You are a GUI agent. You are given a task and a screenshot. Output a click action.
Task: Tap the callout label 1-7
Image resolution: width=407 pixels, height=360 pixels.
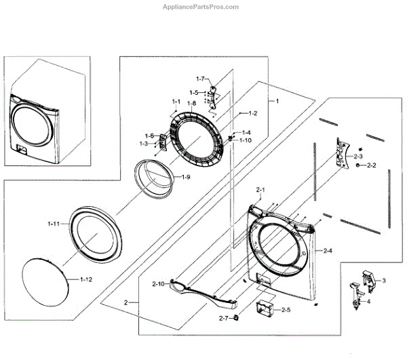click(201, 79)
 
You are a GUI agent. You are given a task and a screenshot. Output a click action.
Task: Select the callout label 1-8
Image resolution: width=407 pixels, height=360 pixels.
click(192, 103)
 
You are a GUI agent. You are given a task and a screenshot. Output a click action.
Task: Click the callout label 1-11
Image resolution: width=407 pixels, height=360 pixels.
click(55, 222)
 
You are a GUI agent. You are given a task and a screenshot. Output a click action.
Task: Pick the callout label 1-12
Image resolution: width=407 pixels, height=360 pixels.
click(86, 279)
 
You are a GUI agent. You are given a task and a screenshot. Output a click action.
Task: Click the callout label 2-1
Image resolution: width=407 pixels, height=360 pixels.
click(260, 189)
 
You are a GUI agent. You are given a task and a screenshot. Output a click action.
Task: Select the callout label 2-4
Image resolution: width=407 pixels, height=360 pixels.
click(328, 252)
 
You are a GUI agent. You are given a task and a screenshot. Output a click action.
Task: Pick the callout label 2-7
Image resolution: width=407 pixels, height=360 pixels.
click(224, 318)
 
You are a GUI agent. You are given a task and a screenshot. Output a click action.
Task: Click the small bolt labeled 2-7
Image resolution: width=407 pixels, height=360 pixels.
click(235, 317)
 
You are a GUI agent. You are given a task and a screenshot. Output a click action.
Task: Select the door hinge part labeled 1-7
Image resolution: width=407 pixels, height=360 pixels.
click(216, 94)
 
